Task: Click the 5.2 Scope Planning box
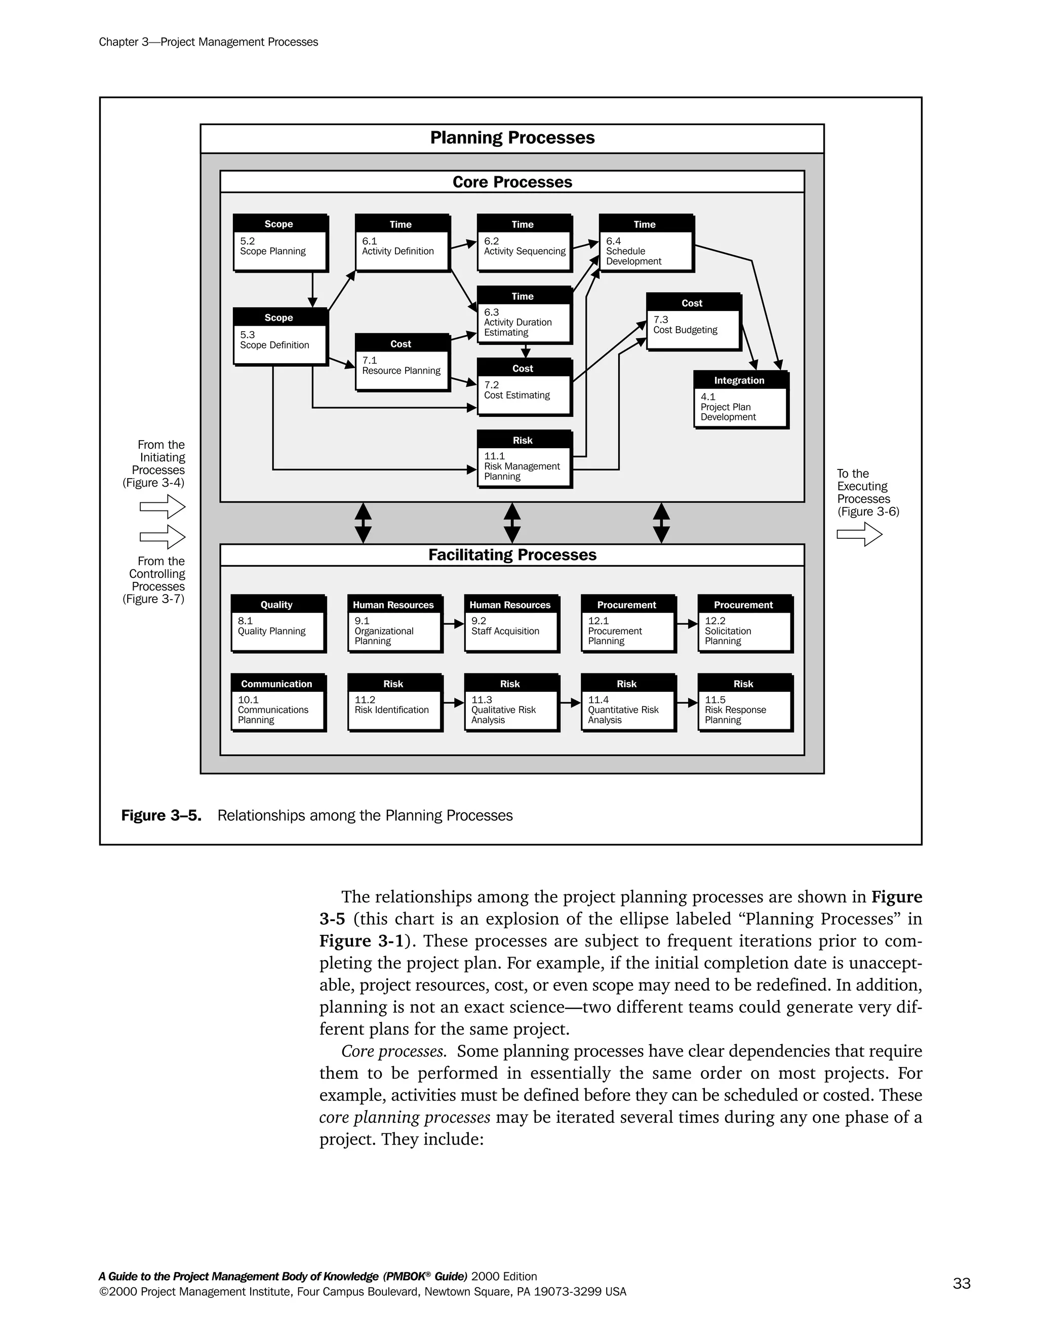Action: (x=280, y=243)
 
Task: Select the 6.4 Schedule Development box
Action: (x=646, y=243)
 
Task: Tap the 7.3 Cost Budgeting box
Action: (x=693, y=322)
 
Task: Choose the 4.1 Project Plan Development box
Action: (x=740, y=400)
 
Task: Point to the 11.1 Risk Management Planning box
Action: (x=524, y=459)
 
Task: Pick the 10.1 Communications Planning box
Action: (x=277, y=702)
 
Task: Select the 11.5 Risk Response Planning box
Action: (x=744, y=702)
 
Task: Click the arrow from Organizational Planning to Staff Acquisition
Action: (x=453, y=624)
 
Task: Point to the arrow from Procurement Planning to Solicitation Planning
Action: (x=687, y=624)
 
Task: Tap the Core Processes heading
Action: (x=512, y=182)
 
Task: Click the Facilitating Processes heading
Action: (x=512, y=555)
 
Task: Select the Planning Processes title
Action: (x=512, y=138)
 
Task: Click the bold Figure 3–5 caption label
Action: (x=161, y=815)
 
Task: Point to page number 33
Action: (x=962, y=1283)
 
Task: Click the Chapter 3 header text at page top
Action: (x=208, y=42)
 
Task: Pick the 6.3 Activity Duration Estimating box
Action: (x=524, y=314)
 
